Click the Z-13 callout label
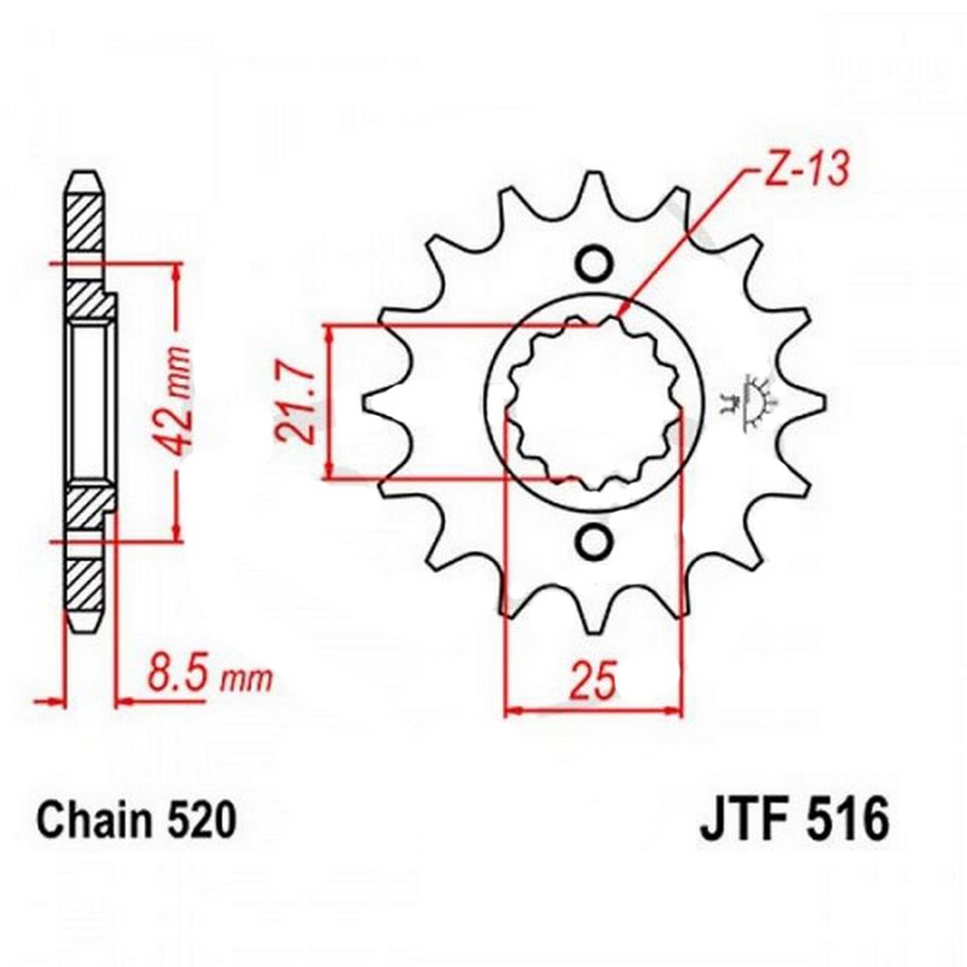click(x=806, y=168)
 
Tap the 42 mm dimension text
click(x=173, y=401)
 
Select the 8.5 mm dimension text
click(x=209, y=678)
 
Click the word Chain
click(x=93, y=820)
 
